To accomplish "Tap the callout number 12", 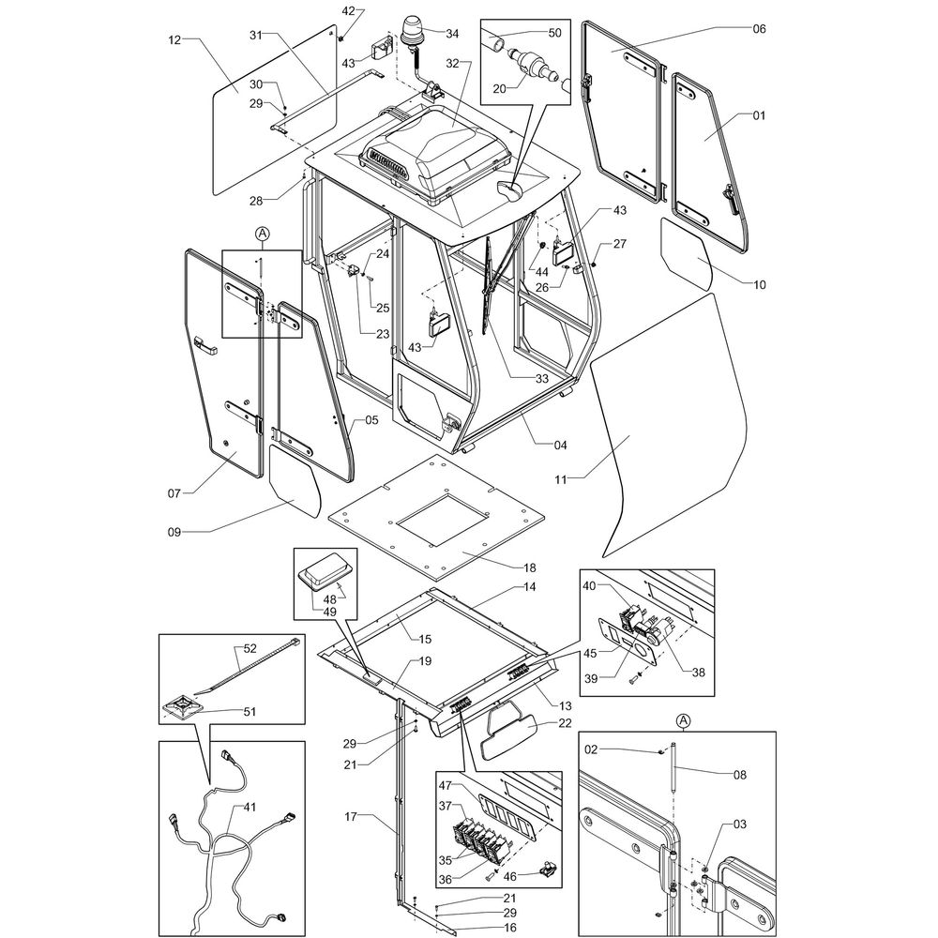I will [174, 39].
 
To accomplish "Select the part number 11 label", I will [561, 479].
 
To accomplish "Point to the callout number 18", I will [530, 568].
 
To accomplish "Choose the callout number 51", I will [249, 710].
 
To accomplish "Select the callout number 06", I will [759, 29].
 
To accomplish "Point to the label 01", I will [759, 115].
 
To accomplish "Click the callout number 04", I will [560, 444].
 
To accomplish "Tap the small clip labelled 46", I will [547, 869].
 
